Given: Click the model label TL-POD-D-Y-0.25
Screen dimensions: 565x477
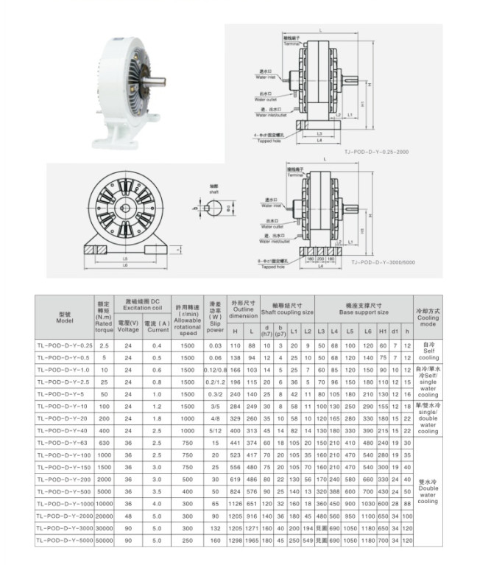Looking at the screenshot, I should (x=65, y=345).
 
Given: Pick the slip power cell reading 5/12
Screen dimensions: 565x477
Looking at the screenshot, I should (x=216, y=430).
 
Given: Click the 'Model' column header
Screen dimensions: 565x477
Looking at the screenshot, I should (x=65, y=318).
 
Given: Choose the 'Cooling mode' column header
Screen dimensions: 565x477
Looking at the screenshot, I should (x=428, y=318).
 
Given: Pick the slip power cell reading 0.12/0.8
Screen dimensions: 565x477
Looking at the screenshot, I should (x=216, y=369).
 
